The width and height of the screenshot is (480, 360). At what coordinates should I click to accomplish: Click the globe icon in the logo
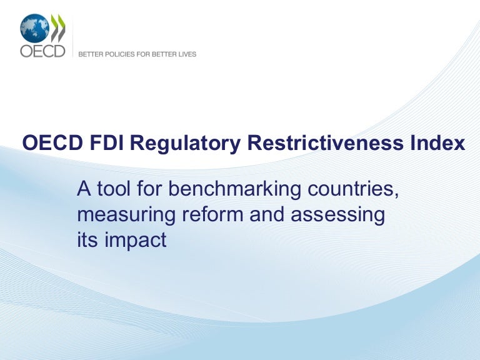(x=34, y=27)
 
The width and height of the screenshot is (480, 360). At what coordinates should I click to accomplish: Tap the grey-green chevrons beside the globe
(x=57, y=27)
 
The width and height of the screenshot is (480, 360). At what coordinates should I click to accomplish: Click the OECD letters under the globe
(x=42, y=51)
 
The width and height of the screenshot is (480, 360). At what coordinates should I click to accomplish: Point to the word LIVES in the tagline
(x=187, y=54)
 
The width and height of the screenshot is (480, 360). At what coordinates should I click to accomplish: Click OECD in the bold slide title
(x=46, y=144)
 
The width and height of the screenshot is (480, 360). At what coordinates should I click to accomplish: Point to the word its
(x=87, y=240)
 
